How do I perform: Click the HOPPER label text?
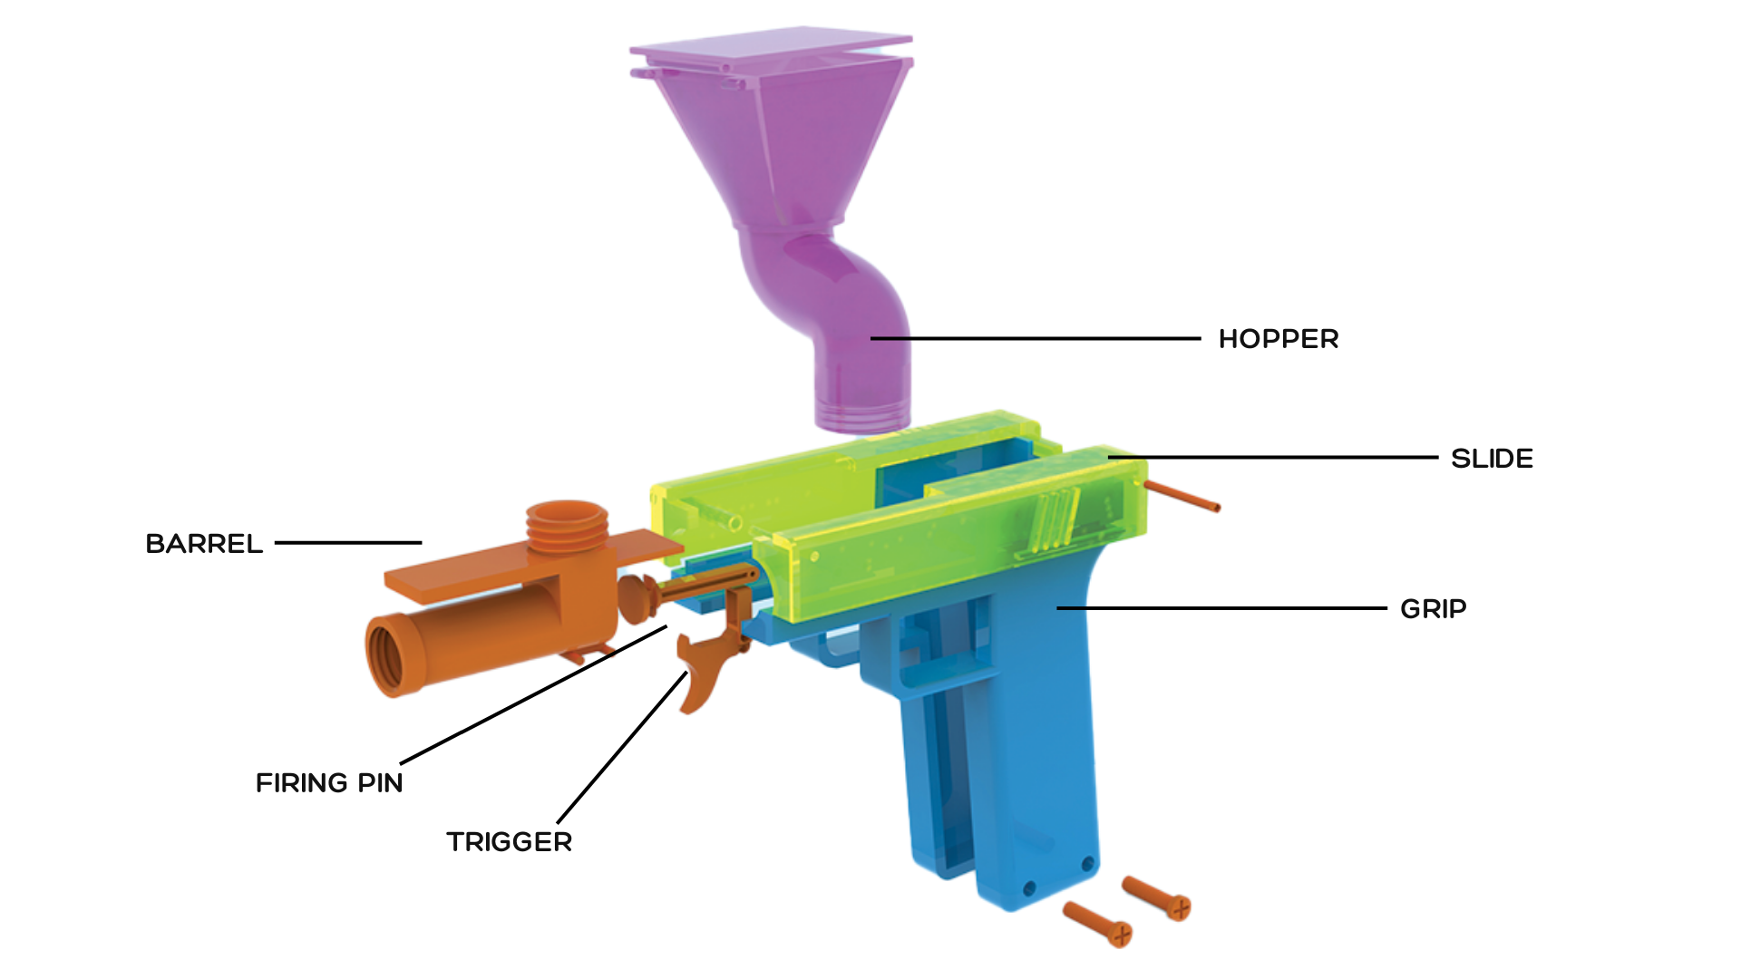(x=1278, y=339)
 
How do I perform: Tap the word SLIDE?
(x=1492, y=459)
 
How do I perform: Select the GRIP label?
(x=1433, y=609)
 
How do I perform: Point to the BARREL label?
(x=204, y=544)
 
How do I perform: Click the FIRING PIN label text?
(x=329, y=783)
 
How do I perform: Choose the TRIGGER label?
(x=509, y=842)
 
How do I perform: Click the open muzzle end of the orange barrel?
(x=385, y=654)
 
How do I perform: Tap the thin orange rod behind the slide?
(x=1183, y=497)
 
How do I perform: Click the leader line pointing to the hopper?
(x=1034, y=339)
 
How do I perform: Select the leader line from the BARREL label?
(x=348, y=543)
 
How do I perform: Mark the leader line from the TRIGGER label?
(x=622, y=748)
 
